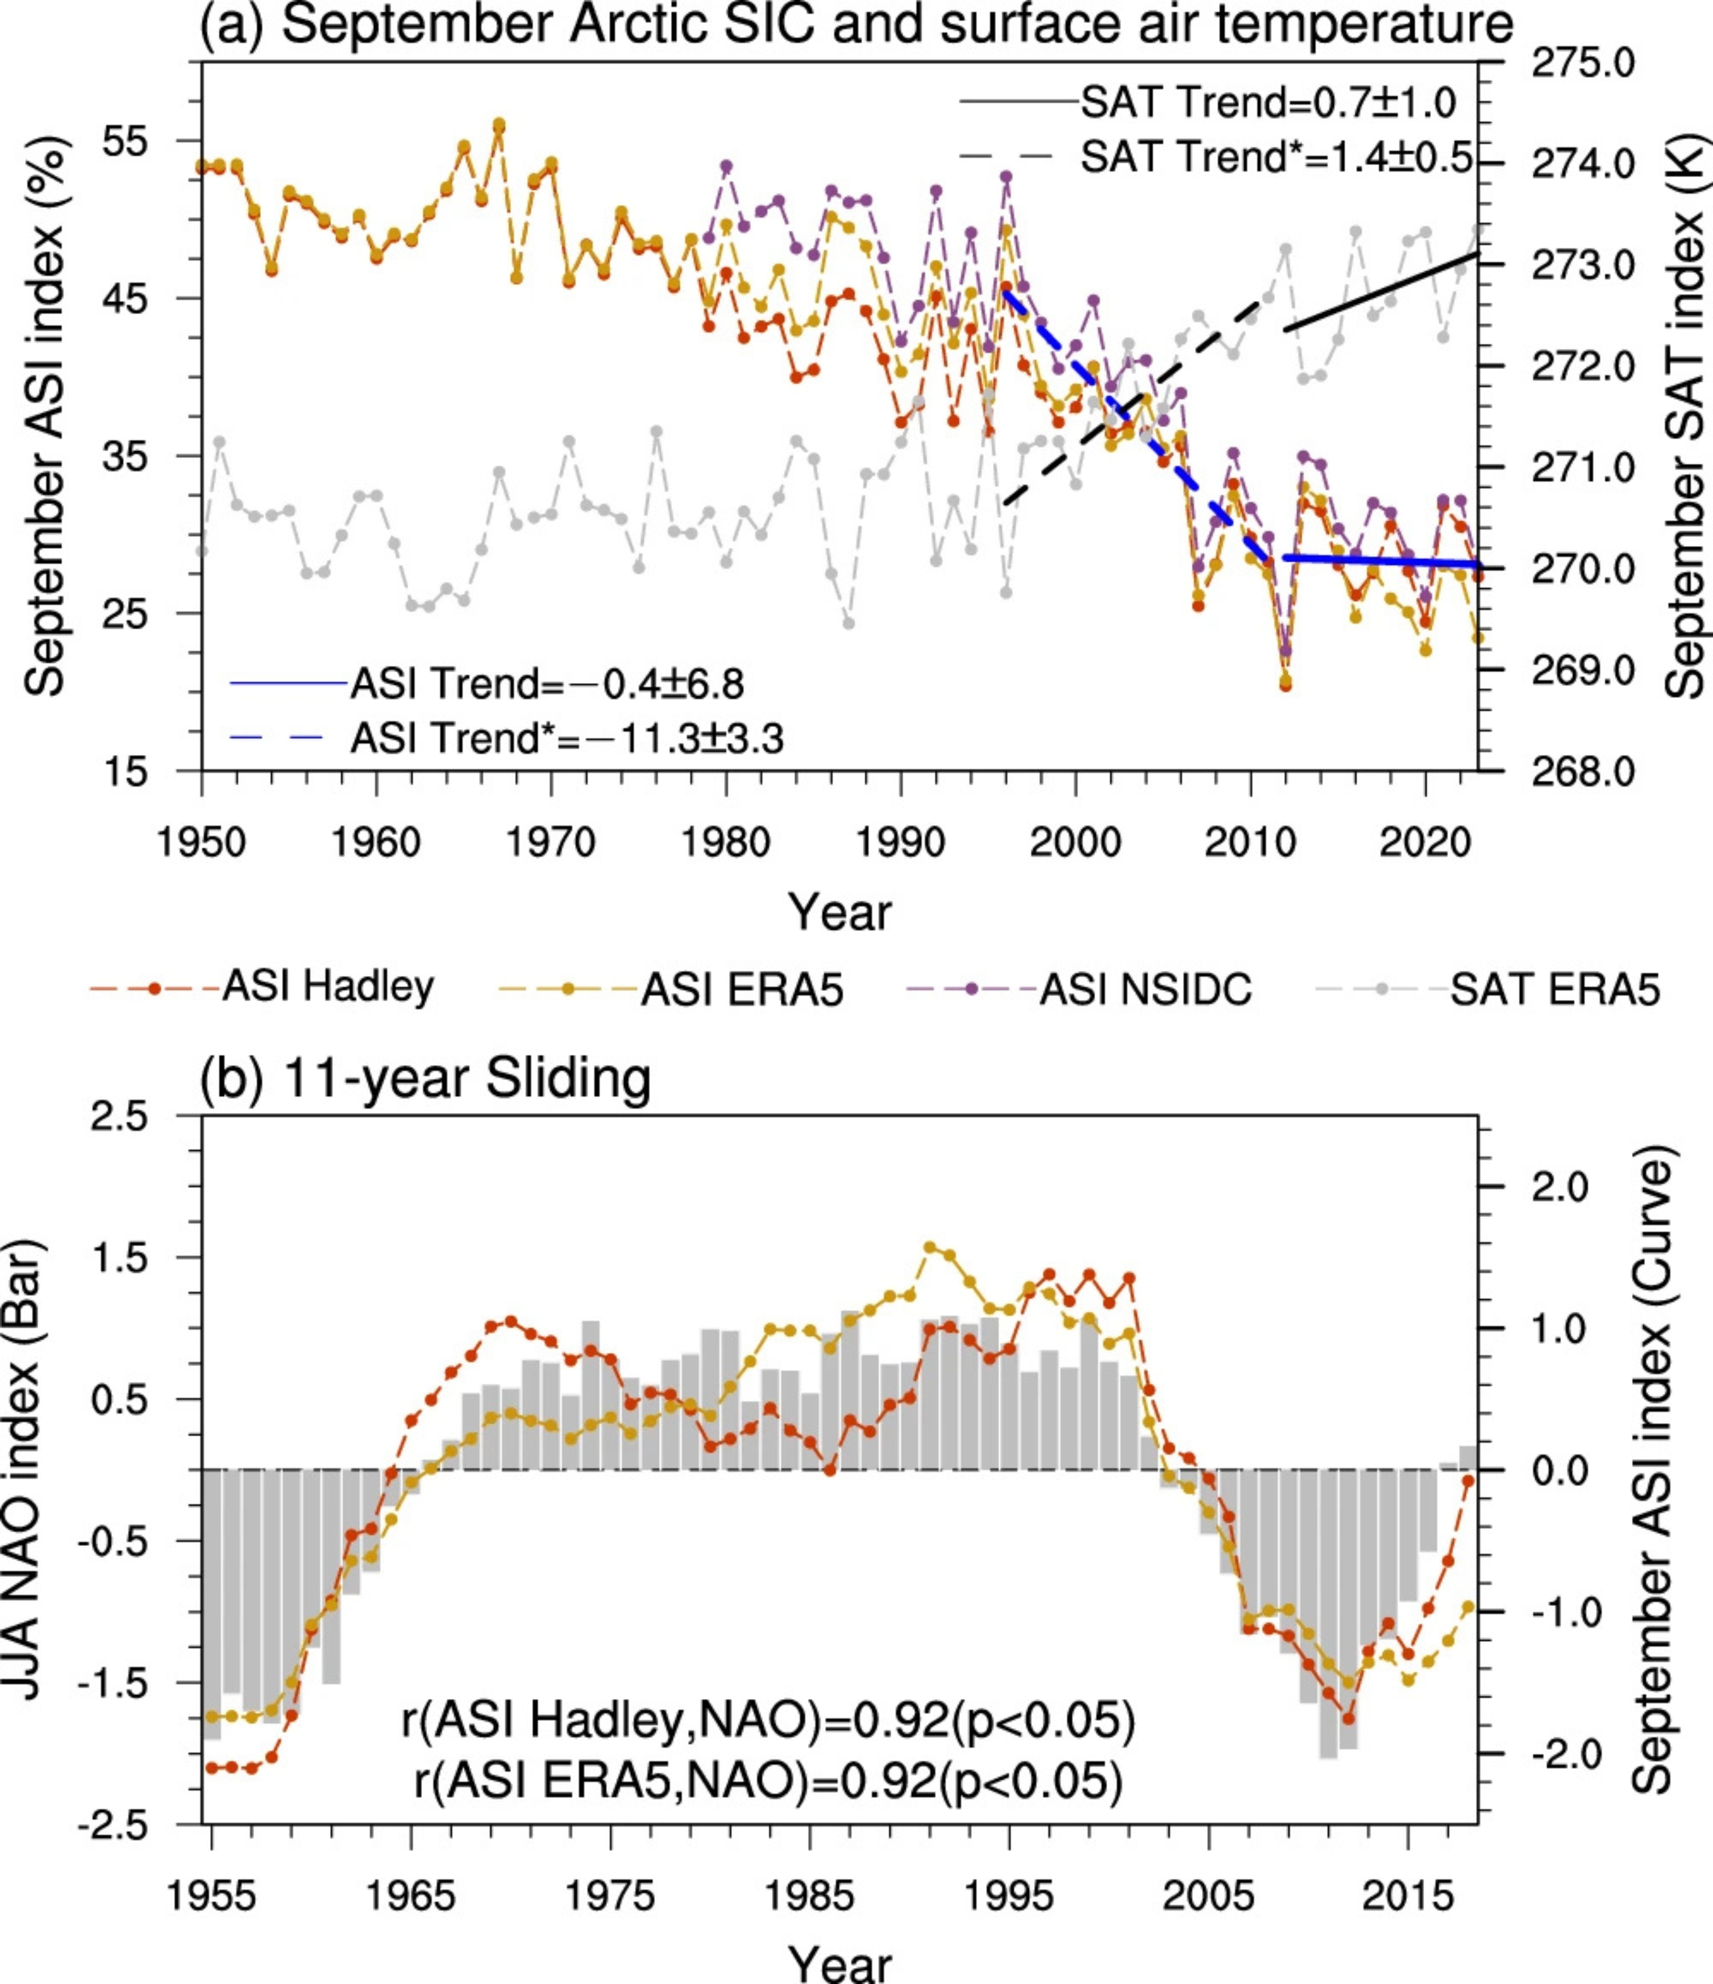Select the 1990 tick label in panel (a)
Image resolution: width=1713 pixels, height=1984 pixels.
point(900,843)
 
